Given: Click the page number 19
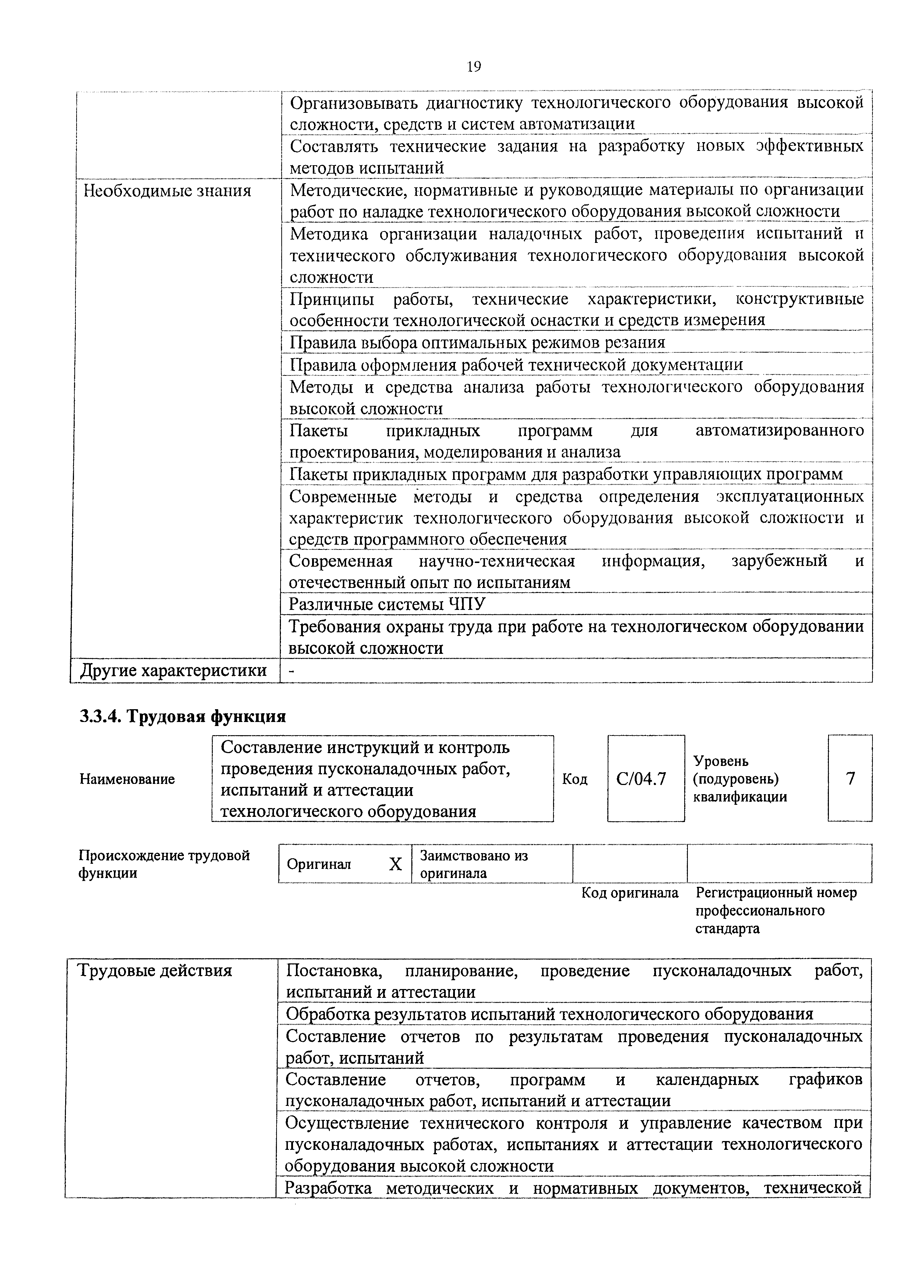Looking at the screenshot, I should (x=473, y=67).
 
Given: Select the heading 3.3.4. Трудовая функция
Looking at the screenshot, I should (x=182, y=716).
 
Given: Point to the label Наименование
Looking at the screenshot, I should (x=127, y=779).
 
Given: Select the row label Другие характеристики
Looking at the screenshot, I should (x=173, y=670).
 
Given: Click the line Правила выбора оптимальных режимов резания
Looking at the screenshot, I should (x=477, y=342).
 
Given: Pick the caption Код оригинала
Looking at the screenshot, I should (x=630, y=893).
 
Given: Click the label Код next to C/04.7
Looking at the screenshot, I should (x=575, y=779).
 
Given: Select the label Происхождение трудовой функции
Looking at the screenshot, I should (x=164, y=864).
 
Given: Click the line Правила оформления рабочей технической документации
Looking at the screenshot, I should (x=516, y=365).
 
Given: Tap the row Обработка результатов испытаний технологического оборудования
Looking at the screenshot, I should (x=549, y=1014).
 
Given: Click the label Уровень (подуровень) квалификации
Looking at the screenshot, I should (x=740, y=778).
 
